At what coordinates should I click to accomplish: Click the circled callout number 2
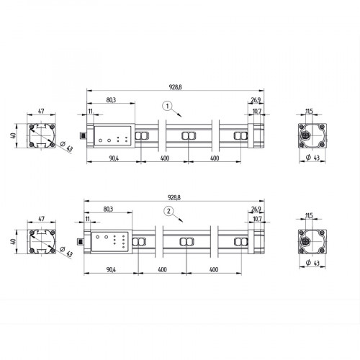pos(168,211)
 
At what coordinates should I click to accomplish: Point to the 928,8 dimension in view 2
pos(175,197)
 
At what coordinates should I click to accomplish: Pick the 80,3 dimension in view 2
pos(109,208)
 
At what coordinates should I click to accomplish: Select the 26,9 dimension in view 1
pos(256,100)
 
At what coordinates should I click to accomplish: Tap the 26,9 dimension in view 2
pos(256,210)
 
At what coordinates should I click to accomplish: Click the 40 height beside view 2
pos(12,240)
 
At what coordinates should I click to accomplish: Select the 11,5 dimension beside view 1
pos(308,111)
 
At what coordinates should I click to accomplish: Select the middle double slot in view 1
pos(189,136)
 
